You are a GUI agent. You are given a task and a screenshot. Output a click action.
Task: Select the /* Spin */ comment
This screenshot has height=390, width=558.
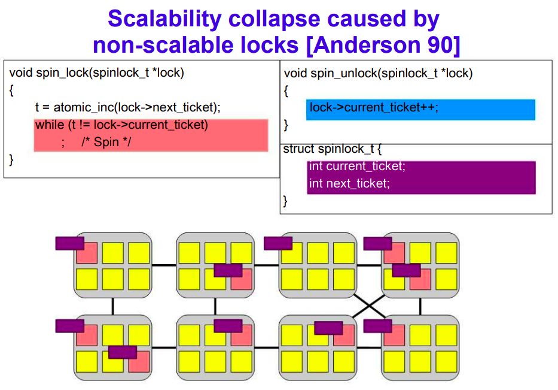(106, 143)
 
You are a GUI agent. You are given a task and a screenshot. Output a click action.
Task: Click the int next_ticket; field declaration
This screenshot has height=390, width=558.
(349, 183)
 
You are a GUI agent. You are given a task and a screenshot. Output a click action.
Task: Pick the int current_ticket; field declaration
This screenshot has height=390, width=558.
(357, 167)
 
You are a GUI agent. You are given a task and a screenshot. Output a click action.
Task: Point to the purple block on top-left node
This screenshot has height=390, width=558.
(69, 243)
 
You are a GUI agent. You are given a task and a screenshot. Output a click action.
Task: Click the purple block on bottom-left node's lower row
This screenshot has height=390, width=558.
(123, 352)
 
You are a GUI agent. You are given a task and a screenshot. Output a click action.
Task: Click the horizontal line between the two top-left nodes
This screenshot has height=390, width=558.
(163, 265)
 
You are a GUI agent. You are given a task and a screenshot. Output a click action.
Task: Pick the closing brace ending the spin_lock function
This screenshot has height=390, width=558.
(10, 159)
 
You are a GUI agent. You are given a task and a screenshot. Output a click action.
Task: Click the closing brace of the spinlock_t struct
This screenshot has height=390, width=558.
(285, 201)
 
